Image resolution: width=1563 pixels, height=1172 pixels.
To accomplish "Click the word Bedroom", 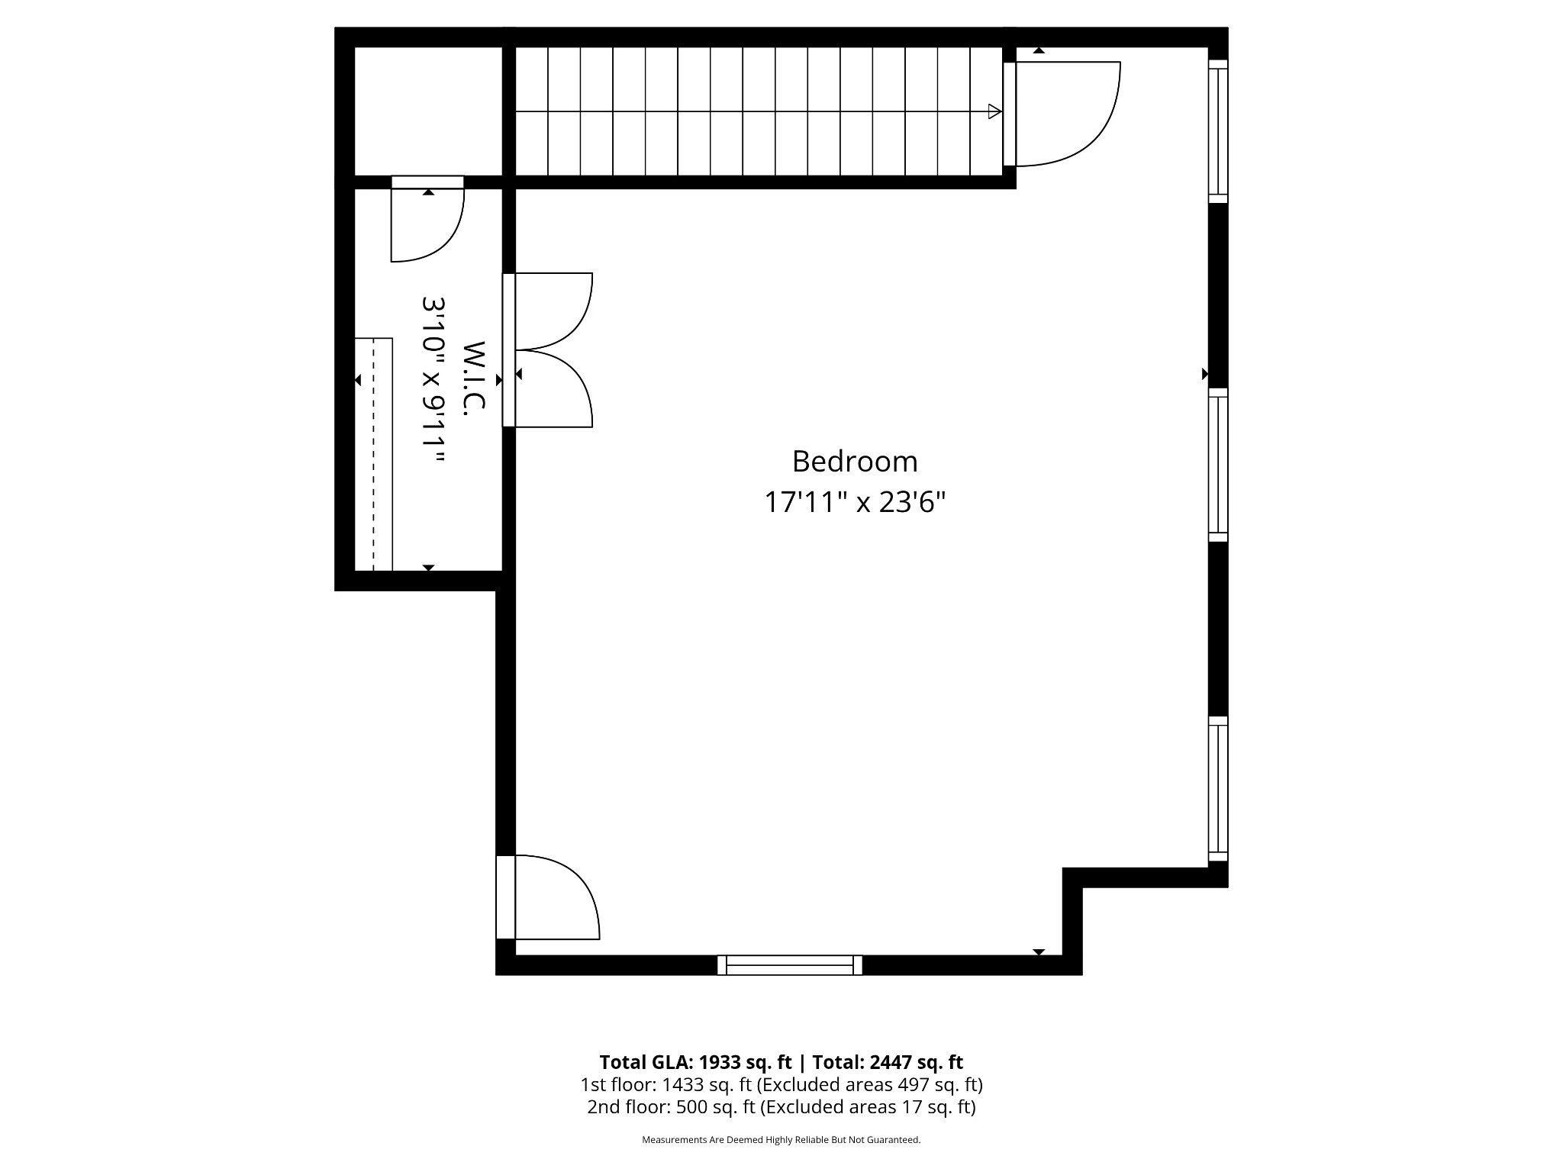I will [x=854, y=462].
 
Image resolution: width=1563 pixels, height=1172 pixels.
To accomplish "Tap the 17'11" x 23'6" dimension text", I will [x=854, y=502].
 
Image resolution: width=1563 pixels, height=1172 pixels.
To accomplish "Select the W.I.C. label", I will [x=474, y=378].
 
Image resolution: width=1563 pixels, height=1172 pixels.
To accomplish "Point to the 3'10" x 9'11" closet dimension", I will [x=433, y=379].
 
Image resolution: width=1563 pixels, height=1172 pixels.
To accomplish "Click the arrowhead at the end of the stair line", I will [x=994, y=111].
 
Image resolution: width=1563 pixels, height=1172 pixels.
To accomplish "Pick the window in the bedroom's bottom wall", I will [x=790, y=965].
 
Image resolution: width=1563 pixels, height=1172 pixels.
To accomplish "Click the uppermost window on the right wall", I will [x=1218, y=131].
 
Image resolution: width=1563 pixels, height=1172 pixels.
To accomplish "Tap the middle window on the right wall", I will [x=1218, y=465].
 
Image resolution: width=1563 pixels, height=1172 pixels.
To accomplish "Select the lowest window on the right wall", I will [x=1218, y=789].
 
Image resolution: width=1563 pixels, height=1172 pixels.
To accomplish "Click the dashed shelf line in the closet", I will [x=374, y=454].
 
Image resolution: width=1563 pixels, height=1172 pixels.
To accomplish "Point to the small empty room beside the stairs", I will [x=428, y=111].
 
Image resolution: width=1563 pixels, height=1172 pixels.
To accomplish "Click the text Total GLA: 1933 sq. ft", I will [x=695, y=1062].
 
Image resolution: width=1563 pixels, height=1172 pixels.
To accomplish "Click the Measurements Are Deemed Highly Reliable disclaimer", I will [x=781, y=1140].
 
